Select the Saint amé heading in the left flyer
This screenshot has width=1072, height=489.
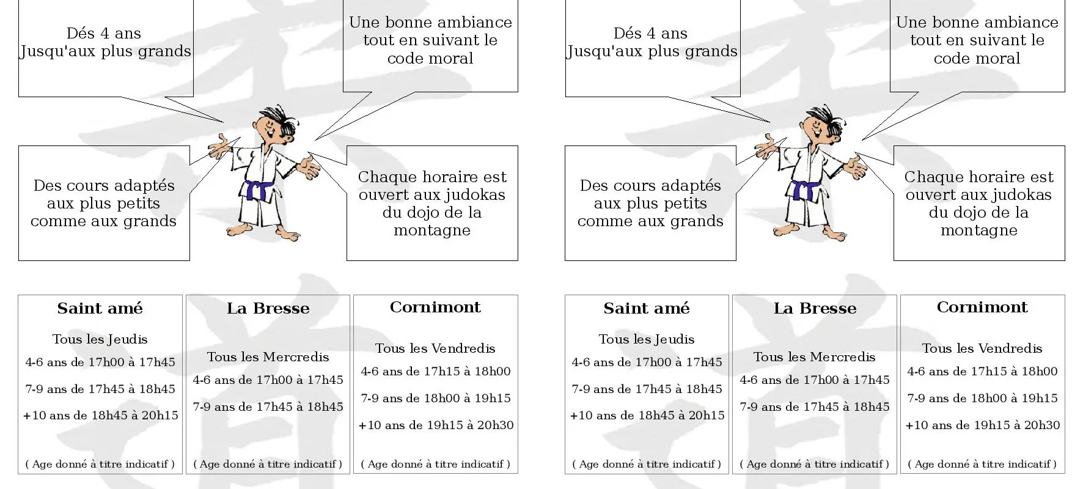100,308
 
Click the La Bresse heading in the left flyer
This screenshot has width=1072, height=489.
268,308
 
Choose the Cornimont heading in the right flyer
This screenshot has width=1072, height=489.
982,307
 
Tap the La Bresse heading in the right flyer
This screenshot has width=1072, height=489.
815,308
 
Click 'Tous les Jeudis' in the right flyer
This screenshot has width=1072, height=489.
647,339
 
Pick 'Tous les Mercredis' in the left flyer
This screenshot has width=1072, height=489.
268,357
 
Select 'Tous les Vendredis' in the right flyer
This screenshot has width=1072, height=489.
982,348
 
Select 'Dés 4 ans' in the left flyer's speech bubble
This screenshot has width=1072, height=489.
104,33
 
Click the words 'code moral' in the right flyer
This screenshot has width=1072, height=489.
977,59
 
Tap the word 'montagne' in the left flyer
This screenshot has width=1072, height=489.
432,230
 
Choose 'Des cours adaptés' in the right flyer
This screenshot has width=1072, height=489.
650,185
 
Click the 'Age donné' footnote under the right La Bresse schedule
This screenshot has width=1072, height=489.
815,464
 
